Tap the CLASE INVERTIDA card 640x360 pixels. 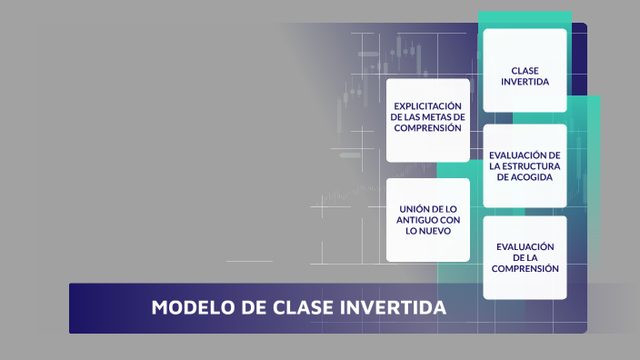pyautogui.click(x=525, y=71)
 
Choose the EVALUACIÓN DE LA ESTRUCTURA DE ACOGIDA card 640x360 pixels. pyautogui.click(x=525, y=166)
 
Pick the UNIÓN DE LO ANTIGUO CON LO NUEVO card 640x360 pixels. pyautogui.click(x=428, y=220)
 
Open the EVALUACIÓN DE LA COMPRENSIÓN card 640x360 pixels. pyautogui.click(x=525, y=257)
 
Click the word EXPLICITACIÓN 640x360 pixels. pyautogui.click(x=428, y=106)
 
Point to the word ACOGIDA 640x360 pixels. pyautogui.click(x=525, y=177)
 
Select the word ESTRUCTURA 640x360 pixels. pyautogui.click(x=534, y=166)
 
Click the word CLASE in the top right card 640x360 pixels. pyautogui.click(x=525, y=69)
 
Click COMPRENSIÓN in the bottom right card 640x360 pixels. pyautogui.click(x=525, y=268)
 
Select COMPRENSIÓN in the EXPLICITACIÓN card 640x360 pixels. pyautogui.click(x=428, y=128)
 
